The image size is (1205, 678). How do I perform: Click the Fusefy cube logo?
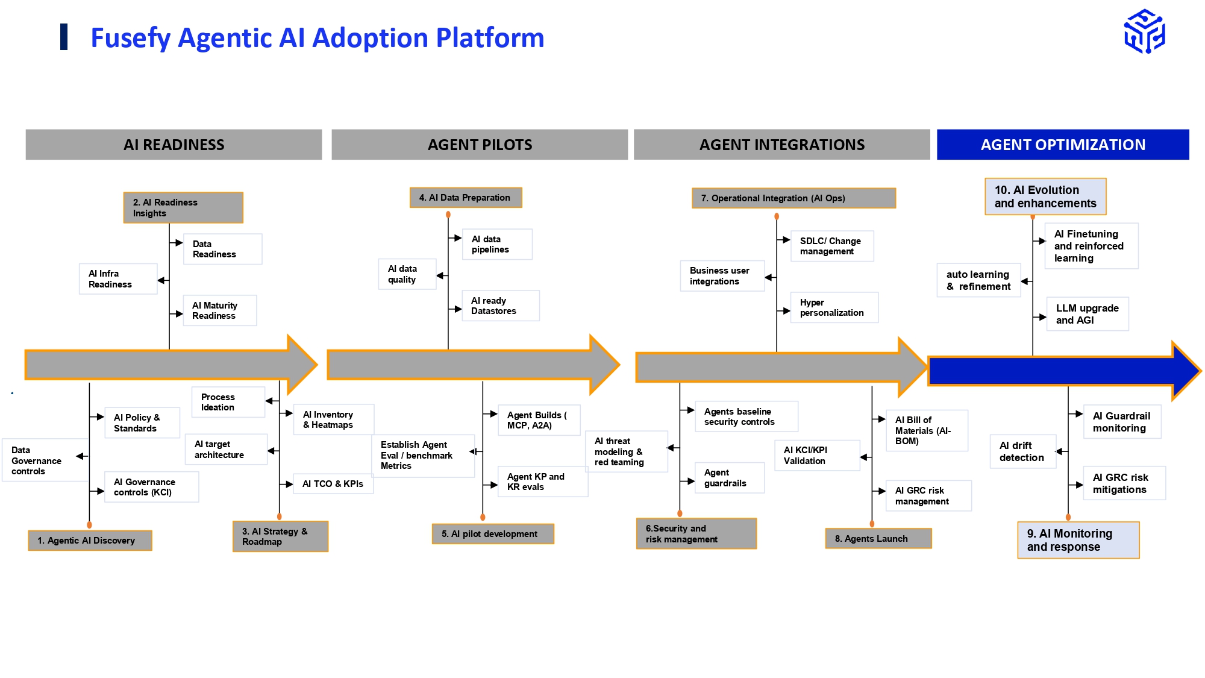coord(1144,32)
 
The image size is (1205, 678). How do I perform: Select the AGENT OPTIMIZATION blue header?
coord(1063,145)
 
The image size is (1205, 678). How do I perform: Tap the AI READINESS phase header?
coord(174,145)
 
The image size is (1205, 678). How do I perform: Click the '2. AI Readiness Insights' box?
coord(183,208)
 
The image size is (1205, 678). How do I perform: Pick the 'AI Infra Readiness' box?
coord(118,279)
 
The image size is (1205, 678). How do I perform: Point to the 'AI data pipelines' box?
coord(497,244)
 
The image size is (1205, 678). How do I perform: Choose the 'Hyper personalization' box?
coord(834,307)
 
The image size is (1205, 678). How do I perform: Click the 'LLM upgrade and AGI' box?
coord(1088,314)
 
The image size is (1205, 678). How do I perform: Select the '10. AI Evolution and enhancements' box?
coord(1045,196)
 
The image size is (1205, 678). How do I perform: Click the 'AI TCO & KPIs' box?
coord(333,484)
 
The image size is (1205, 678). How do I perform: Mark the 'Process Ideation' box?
coord(228,402)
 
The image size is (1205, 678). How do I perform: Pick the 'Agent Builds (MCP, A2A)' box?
coord(539,420)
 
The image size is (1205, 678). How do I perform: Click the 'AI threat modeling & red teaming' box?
coord(626,451)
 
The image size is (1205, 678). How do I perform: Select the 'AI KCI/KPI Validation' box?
coord(816,456)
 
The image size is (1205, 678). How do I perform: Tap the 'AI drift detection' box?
coord(1022,451)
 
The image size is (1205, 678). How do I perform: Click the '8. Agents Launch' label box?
coord(878,539)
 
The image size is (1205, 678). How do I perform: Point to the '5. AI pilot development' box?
coord(493,534)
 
